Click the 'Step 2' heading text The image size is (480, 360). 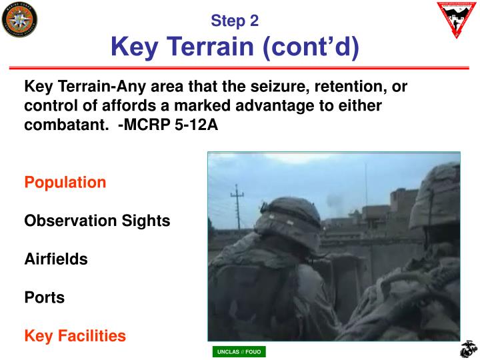tap(235, 21)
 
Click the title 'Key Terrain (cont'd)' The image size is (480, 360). tap(235, 47)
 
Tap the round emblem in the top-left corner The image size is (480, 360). tap(19, 19)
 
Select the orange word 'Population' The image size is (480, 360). tap(65, 182)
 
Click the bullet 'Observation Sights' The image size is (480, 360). tap(97, 221)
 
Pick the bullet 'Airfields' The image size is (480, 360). tap(56, 259)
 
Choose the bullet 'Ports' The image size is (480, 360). tap(45, 298)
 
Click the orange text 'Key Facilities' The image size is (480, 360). tap(75, 336)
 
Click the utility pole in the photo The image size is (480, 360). tap(237, 207)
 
